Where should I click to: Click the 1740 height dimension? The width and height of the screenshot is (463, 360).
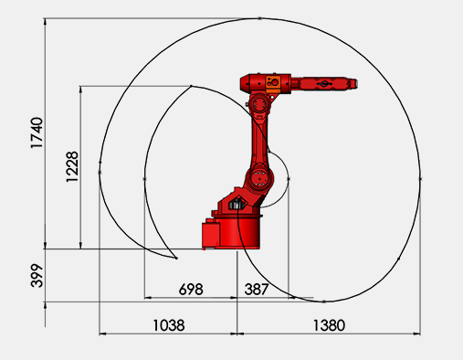click(x=37, y=132)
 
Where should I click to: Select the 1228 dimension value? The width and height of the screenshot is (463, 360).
click(x=72, y=166)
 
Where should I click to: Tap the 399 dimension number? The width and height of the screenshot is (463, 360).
click(x=37, y=276)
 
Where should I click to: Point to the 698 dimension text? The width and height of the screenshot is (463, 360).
click(x=191, y=289)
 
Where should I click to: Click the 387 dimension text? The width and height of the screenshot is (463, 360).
click(x=257, y=289)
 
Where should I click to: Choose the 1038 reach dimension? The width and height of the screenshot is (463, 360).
click(x=169, y=325)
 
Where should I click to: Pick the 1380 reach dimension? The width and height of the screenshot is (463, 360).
click(x=329, y=325)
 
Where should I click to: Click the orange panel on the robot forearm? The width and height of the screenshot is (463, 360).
click(x=273, y=83)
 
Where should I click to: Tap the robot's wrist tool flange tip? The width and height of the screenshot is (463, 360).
click(x=355, y=84)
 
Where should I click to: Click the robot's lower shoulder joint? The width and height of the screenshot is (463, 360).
click(x=259, y=177)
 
